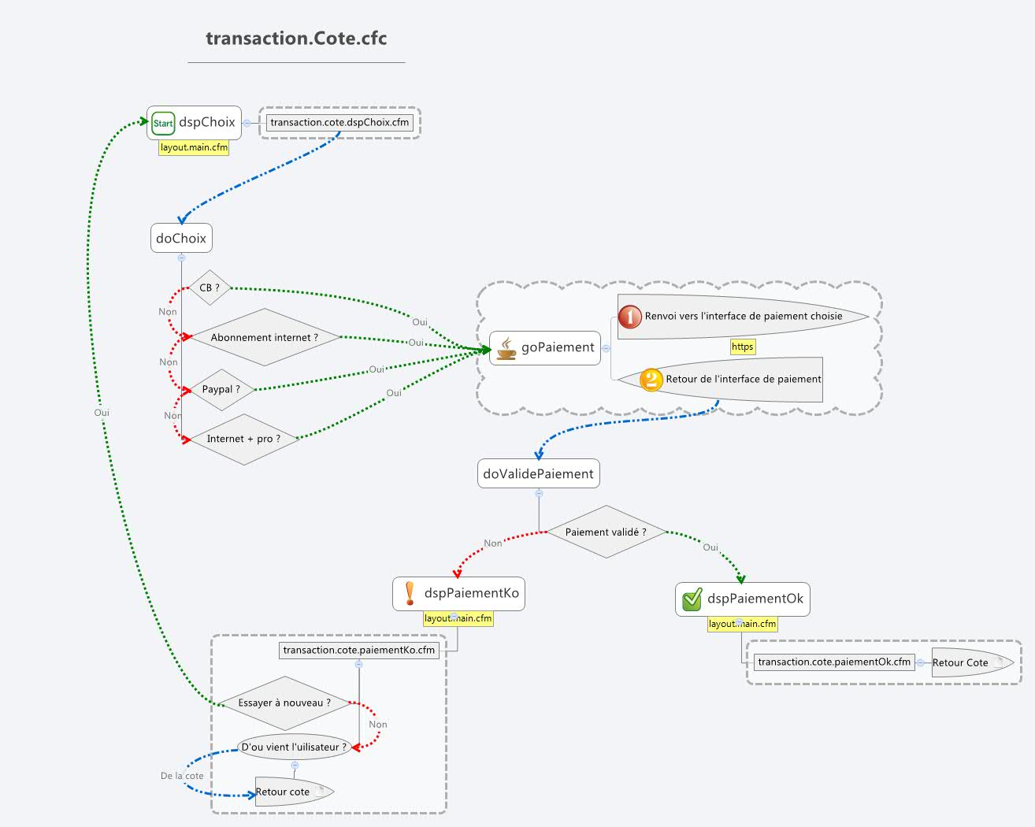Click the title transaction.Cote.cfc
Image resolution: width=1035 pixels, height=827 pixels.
coord(296,39)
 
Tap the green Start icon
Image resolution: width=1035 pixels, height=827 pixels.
coord(163,123)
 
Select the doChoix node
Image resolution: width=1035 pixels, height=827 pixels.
coord(181,238)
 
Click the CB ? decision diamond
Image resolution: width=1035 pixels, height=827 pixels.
coord(210,287)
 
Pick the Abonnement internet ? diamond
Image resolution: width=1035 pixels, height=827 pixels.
coord(265,337)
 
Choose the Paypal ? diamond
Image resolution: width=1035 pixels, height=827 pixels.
coord(221,389)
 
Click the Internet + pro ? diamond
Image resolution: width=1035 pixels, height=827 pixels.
coord(244,439)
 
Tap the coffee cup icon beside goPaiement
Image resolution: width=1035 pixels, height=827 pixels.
coord(506,348)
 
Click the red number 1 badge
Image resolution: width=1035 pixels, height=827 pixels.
coord(630,317)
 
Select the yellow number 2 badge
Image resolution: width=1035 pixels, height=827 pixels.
coord(651,380)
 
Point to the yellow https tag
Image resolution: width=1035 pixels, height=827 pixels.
coord(743,347)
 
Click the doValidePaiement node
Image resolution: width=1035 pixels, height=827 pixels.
coord(539,473)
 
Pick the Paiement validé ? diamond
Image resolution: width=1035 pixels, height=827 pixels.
coord(607,532)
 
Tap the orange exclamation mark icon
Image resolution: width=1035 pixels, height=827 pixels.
coord(410,593)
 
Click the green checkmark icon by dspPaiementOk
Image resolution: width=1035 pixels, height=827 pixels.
coord(692,599)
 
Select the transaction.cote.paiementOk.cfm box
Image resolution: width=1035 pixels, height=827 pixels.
coord(834,662)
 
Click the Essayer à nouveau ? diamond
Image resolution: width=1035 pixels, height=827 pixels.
coord(284,703)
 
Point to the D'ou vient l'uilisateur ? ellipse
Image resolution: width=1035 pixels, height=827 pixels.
coord(295,747)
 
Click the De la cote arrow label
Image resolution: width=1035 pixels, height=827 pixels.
coord(182,776)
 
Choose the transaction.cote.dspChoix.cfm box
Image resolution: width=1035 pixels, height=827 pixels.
coord(339,123)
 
